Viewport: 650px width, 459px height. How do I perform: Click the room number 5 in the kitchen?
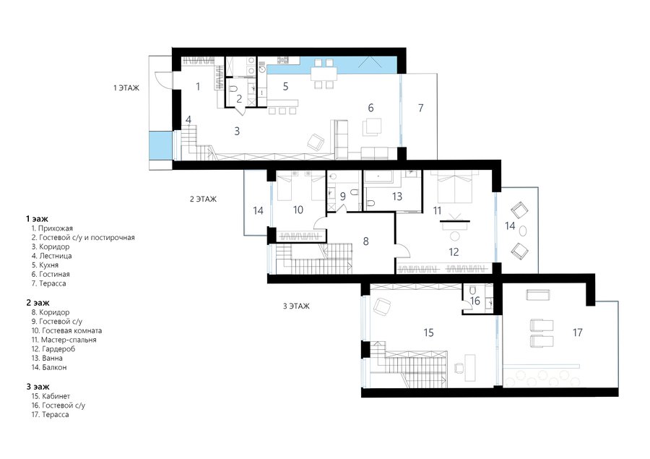(285, 86)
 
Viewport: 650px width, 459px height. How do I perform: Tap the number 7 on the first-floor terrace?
(421, 108)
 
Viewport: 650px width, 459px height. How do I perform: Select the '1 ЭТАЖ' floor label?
(126, 88)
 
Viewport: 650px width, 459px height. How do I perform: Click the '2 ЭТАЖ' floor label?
(203, 200)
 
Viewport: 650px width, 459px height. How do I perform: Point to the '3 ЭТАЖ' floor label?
(296, 306)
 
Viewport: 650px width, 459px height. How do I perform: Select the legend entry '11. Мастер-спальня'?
(64, 340)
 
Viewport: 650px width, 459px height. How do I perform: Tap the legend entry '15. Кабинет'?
(51, 396)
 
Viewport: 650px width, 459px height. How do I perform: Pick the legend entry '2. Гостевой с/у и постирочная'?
(83, 238)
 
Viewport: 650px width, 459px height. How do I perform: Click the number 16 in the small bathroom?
(475, 301)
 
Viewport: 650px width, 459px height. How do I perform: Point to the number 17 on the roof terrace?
(578, 333)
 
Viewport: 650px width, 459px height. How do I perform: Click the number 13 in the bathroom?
(397, 197)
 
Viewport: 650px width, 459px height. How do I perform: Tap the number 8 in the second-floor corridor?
(365, 241)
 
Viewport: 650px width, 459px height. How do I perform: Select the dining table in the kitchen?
(324, 74)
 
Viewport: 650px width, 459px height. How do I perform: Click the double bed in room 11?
(455, 189)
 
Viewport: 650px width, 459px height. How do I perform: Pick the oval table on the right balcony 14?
(524, 231)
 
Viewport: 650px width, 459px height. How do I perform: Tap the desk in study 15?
(470, 368)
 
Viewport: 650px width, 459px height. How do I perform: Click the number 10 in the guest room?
(298, 210)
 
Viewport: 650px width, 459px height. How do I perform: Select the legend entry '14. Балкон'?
(49, 367)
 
